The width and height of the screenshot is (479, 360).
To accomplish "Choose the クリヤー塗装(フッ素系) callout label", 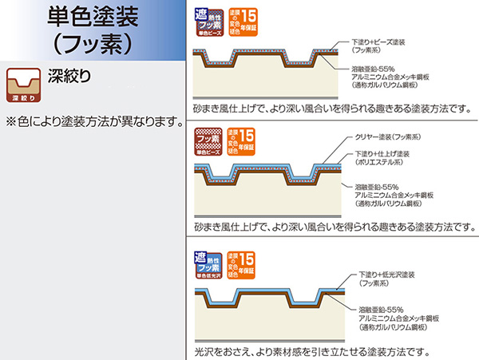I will click(x=390, y=136).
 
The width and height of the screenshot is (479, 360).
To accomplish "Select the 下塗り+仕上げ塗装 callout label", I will click(x=388, y=157).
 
